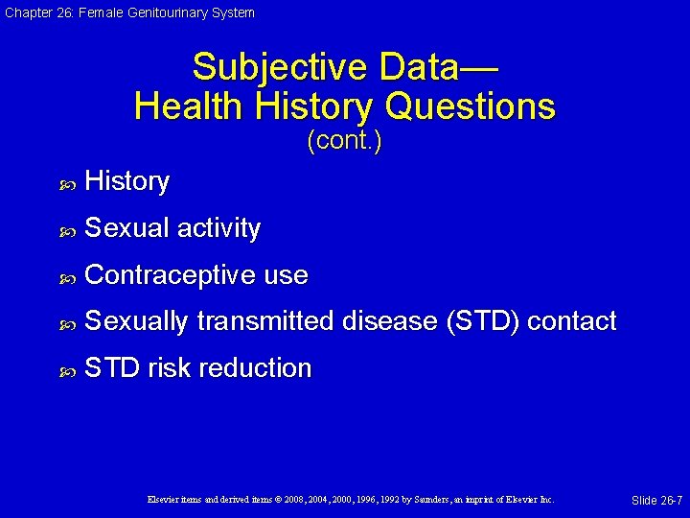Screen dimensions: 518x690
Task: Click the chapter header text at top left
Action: tap(128, 12)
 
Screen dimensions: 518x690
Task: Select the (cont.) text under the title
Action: tap(344, 142)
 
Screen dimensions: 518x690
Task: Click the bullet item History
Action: tap(126, 181)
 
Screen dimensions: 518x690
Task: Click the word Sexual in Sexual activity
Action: tap(126, 228)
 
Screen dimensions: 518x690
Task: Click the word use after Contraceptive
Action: tap(286, 275)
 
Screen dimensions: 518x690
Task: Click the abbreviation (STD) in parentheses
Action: tap(483, 321)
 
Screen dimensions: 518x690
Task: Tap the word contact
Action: tap(571, 321)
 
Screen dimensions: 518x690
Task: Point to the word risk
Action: tap(165, 368)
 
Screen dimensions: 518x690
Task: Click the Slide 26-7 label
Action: tap(656, 501)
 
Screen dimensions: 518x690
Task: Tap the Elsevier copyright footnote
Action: tap(350, 500)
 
